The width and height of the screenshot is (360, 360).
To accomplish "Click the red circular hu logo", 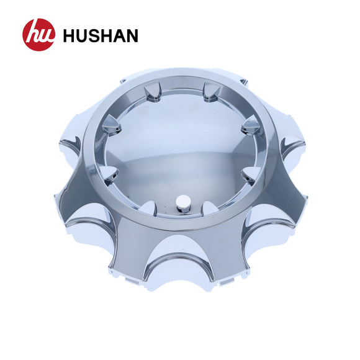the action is tap(39, 35).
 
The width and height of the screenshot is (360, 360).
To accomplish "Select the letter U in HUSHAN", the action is tap(83, 36).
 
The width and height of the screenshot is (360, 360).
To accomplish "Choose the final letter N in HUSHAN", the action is tap(132, 35).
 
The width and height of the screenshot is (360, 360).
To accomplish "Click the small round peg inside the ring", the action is tap(184, 204).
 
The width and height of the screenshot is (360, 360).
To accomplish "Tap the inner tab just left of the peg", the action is tap(148, 208).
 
